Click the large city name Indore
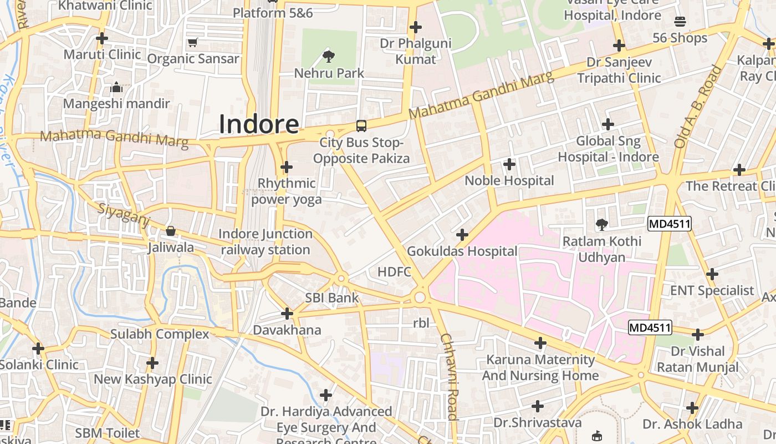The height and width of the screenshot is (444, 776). coord(259,124)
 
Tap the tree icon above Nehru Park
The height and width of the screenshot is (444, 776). coord(329,56)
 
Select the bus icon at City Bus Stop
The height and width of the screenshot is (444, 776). coord(361,126)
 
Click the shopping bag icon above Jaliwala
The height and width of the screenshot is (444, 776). coord(171,230)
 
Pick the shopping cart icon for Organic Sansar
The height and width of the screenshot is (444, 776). coord(193,42)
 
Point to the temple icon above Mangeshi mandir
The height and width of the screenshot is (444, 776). coord(116,87)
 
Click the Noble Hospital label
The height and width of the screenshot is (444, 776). coord(509,180)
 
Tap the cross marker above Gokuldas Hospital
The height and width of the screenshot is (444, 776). coord(462,235)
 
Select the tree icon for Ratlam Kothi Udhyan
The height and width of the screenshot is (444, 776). coord(601,225)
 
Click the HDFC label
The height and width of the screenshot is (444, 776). coord(394,271)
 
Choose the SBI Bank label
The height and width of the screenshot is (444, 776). coord(332,298)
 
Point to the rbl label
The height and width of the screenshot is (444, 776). coord(421,322)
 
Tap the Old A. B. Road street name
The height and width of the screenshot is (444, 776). coord(698,107)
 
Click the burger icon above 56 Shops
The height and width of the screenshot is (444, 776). coord(680,22)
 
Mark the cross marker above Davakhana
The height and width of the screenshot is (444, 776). coord(287,314)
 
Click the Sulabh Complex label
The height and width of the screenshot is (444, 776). coord(160,334)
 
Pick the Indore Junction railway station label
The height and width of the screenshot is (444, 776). coord(265,242)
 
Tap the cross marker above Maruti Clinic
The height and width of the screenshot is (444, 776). coord(102,39)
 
